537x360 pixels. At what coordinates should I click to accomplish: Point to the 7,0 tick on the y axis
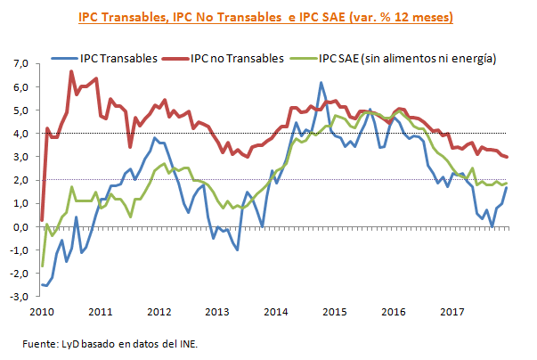click(x=20, y=64)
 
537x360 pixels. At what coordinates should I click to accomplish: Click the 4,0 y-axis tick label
click(x=20, y=134)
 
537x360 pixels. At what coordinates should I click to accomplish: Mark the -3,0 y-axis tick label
click(x=19, y=297)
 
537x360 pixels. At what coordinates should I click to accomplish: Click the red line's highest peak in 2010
click(x=71, y=71)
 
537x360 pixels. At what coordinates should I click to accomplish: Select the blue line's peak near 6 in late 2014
click(x=321, y=83)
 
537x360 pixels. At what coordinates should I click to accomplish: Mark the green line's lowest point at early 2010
click(x=42, y=266)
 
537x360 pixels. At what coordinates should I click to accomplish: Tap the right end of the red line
click(x=509, y=157)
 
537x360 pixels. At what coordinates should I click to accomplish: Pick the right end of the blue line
click(x=509, y=187)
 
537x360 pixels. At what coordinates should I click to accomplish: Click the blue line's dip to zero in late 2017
click(x=492, y=226)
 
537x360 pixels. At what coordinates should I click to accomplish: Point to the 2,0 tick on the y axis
click(x=20, y=180)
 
